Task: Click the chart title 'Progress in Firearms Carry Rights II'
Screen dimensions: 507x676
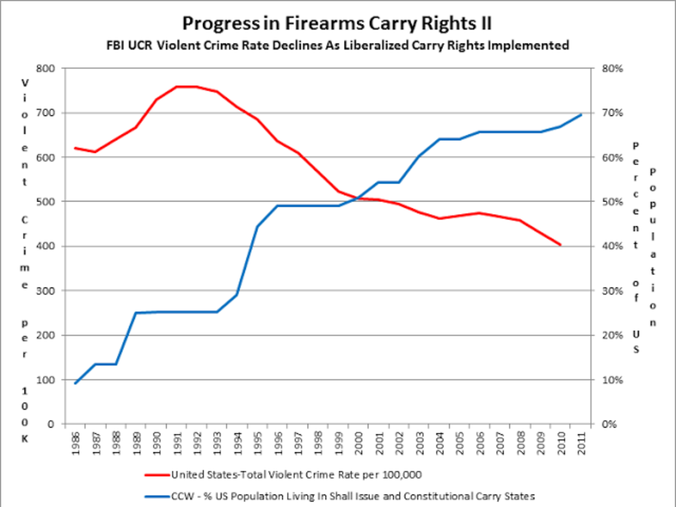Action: [337, 24]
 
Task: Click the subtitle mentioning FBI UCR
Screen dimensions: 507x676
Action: [337, 45]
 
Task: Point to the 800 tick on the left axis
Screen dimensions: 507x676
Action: [45, 69]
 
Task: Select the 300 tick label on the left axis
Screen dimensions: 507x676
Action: [45, 291]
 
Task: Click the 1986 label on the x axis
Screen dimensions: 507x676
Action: [76, 444]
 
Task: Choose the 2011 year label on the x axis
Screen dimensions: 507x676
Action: [581, 444]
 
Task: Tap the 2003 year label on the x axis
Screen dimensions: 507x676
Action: [420, 444]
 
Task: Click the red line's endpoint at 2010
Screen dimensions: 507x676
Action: [561, 245]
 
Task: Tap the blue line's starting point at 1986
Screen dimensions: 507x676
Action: [76, 383]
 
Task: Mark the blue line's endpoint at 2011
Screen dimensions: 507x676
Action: [581, 114]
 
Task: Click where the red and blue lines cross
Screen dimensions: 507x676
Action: [355, 199]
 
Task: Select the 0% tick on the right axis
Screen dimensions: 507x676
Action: [609, 424]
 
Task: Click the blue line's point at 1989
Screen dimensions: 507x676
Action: [136, 313]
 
